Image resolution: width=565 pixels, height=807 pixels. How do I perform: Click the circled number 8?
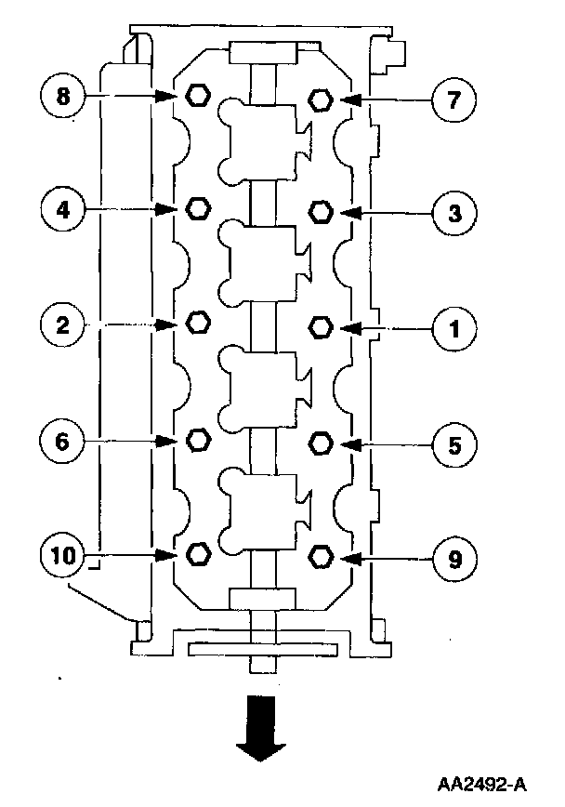coord(63,95)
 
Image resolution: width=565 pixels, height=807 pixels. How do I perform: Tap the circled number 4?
coord(63,208)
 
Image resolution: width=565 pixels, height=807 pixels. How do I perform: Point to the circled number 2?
coord(63,324)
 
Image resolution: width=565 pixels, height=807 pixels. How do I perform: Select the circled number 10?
coord(63,556)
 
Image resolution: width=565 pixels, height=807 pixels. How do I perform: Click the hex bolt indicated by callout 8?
coord(197,95)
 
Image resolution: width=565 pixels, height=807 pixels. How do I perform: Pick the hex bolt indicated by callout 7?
coord(321,99)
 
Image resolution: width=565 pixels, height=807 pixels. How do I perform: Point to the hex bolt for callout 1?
coord(321,326)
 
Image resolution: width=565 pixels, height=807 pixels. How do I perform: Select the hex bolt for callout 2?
coord(197,323)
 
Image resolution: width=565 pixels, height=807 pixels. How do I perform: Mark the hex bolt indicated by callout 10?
coord(197,555)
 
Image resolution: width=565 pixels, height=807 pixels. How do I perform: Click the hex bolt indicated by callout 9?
coord(321,557)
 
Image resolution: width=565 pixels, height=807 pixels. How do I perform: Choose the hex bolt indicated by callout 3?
coord(321,212)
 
